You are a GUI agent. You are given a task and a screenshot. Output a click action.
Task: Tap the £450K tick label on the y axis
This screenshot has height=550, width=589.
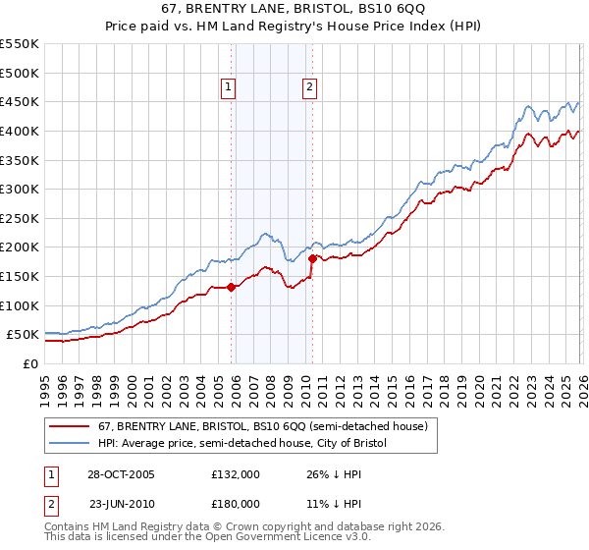click(20, 101)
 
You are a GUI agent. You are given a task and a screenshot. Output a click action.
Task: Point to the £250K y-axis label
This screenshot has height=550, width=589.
click(20, 218)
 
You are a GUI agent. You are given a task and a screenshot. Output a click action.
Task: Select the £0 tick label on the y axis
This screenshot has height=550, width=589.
click(31, 363)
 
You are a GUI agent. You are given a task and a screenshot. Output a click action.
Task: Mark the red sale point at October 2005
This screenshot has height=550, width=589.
click(232, 287)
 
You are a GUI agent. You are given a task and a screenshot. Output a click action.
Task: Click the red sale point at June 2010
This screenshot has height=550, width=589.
click(312, 259)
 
